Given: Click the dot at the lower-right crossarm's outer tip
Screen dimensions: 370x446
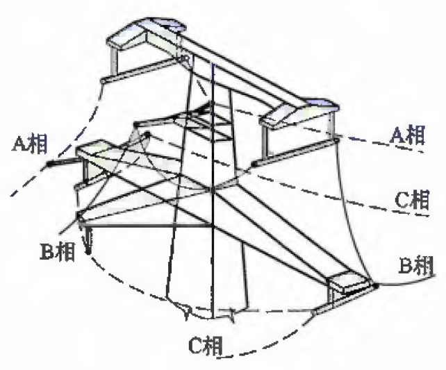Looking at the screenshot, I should (374, 283).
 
